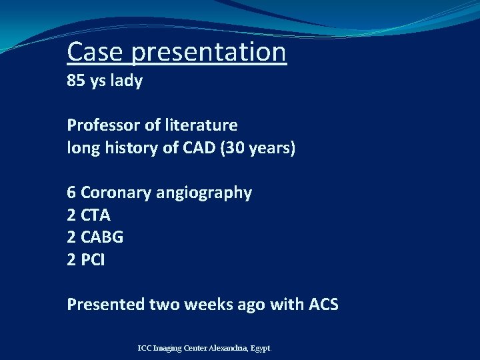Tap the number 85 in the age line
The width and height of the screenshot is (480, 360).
click(x=75, y=82)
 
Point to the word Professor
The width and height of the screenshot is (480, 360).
click(x=104, y=125)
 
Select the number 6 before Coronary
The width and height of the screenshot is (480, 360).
click(x=71, y=193)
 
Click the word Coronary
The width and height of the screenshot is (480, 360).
click(x=115, y=193)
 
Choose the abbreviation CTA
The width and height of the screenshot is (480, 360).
click(x=96, y=215)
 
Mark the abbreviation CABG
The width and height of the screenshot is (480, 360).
click(x=102, y=237)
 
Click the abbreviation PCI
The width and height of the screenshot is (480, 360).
click(x=93, y=260)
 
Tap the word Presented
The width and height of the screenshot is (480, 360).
click(x=104, y=305)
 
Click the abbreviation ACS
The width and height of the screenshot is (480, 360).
click(x=323, y=305)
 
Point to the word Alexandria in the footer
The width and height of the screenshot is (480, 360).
click(x=229, y=348)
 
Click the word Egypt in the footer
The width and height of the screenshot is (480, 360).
click(x=262, y=349)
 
